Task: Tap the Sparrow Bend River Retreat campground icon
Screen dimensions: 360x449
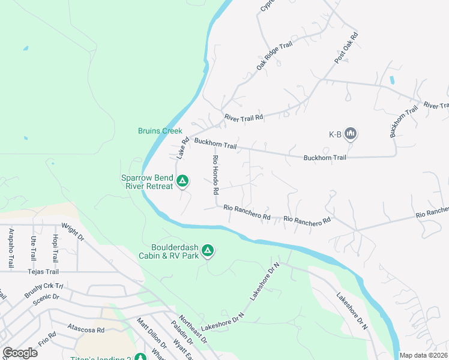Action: coord(183,181)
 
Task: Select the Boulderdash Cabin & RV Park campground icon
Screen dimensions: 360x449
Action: coord(208,250)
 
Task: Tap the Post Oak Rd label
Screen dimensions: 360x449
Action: coord(346,47)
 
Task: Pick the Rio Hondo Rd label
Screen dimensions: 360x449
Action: coord(215,175)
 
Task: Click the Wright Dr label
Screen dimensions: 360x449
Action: coord(73,232)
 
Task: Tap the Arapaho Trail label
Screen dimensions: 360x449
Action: coord(11,248)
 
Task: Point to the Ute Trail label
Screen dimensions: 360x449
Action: coord(33,248)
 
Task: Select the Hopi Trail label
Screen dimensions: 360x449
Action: coord(55,248)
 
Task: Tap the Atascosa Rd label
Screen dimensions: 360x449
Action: coord(86,329)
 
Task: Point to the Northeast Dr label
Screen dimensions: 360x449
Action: coord(193,331)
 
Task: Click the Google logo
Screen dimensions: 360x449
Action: coord(19,353)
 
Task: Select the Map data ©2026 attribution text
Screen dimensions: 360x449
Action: coord(424,355)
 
